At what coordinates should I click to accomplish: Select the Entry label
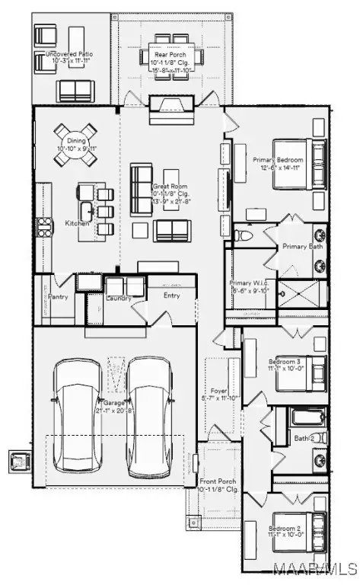point(172,296)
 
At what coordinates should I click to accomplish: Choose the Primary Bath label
point(304,247)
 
